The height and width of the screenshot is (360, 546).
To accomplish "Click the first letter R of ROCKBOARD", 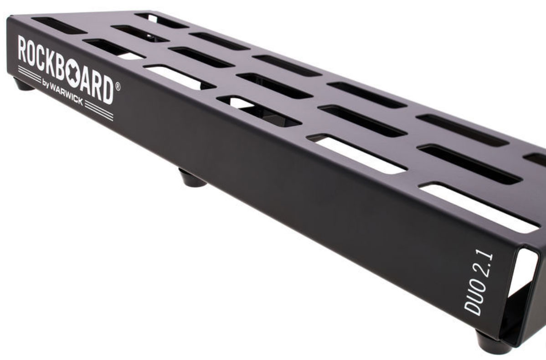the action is pos(23,49).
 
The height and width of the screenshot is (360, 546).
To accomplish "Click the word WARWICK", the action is pos(67,95).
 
